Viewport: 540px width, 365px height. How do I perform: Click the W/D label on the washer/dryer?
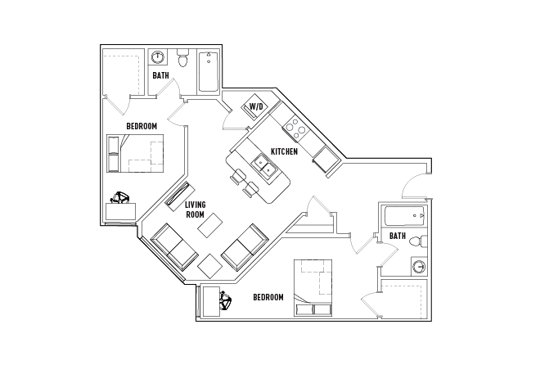[256, 106]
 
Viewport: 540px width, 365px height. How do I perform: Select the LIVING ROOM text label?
[195, 210]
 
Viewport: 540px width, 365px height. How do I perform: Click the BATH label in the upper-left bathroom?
[161, 75]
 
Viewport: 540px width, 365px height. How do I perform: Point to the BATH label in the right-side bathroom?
[398, 236]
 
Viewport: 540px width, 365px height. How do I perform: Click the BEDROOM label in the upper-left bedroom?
[142, 125]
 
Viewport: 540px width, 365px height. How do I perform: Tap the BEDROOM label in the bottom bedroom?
[268, 297]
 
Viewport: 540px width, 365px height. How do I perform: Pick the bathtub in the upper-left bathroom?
[208, 71]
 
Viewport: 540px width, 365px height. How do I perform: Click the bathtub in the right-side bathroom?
[405, 217]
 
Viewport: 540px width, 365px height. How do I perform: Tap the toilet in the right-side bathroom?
[417, 241]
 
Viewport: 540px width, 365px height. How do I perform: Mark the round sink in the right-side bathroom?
[419, 267]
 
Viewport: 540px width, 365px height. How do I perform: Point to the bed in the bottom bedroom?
[313, 286]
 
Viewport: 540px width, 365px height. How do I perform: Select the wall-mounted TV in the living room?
[176, 193]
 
